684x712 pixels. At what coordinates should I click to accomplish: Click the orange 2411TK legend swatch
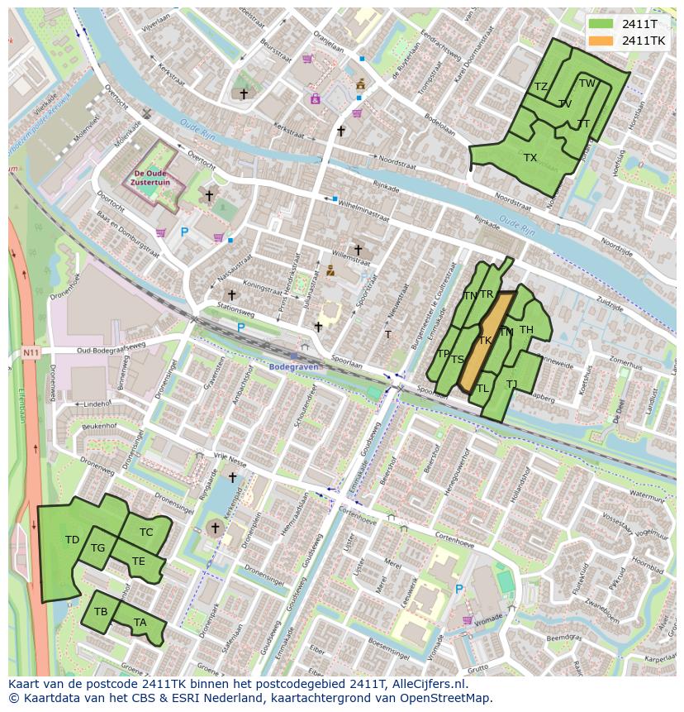point(601,41)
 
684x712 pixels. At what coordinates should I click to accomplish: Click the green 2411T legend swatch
point(601,24)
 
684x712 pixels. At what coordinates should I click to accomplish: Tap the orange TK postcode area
point(485,340)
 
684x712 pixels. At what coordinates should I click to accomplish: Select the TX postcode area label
point(530,157)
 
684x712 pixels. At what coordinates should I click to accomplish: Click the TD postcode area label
point(72,540)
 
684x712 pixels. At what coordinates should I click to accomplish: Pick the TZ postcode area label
point(541,87)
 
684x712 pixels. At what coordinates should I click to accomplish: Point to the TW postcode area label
point(587,84)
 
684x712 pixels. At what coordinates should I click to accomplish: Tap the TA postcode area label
point(140,623)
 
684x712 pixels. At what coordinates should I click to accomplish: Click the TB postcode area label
point(101,612)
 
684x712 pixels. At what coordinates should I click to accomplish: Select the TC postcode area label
point(146,532)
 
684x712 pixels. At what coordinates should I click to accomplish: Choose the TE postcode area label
point(138,561)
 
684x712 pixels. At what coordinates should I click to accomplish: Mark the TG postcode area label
point(97,547)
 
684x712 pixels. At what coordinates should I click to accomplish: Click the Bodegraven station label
point(292,366)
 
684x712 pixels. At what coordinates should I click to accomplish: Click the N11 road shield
point(31,353)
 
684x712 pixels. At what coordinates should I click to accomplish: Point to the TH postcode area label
point(526,330)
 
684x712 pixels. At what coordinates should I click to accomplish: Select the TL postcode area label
point(482,388)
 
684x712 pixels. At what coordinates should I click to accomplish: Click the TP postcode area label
point(443,354)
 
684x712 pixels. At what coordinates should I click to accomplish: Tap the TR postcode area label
point(487,294)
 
